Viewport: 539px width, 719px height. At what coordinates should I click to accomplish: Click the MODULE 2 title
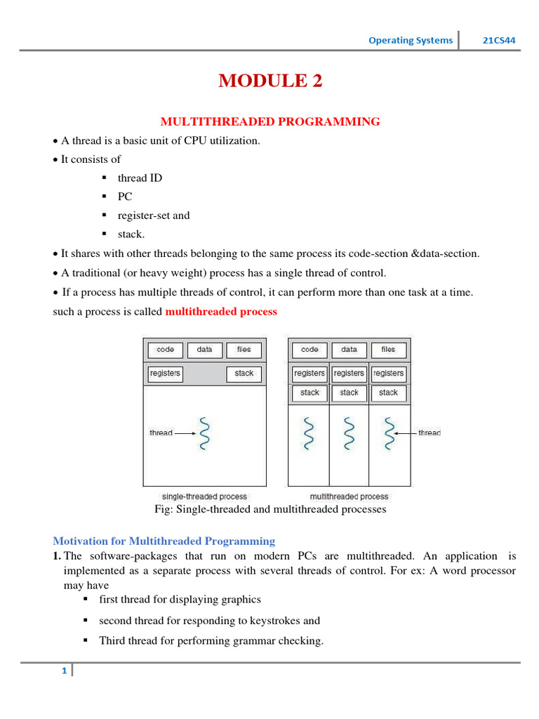point(270,81)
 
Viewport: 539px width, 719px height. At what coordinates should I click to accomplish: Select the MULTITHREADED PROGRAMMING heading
point(270,121)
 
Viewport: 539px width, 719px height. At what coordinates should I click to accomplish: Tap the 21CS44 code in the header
point(499,40)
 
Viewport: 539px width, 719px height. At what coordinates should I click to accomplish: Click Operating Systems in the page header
point(411,40)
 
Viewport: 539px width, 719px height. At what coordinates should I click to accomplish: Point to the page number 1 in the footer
point(64,671)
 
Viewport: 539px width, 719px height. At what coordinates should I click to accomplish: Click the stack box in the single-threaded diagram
point(244,374)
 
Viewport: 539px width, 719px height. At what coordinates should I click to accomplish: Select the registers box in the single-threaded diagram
point(165,374)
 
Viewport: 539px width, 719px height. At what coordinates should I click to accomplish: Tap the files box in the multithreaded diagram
point(388,350)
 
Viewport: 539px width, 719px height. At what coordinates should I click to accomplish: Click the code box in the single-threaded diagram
point(166,350)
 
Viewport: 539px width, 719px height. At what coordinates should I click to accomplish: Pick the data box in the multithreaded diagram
point(349,350)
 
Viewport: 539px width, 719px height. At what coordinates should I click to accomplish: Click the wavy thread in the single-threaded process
point(204,433)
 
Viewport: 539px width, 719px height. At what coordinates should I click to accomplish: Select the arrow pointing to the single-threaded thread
point(185,433)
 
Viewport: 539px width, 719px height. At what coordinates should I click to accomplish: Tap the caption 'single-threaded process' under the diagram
point(204,496)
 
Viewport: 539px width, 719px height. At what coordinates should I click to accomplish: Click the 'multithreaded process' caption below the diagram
point(350,496)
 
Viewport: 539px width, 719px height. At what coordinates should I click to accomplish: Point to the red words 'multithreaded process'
point(221,311)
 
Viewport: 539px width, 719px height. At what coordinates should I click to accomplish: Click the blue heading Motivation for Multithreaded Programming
point(164,541)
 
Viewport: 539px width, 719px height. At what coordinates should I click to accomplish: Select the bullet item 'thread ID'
point(140,178)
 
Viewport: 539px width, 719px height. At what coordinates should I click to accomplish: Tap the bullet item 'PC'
point(125,197)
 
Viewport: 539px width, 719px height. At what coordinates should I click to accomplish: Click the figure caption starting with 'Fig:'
point(269,509)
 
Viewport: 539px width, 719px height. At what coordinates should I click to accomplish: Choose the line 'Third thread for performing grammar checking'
point(211,640)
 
